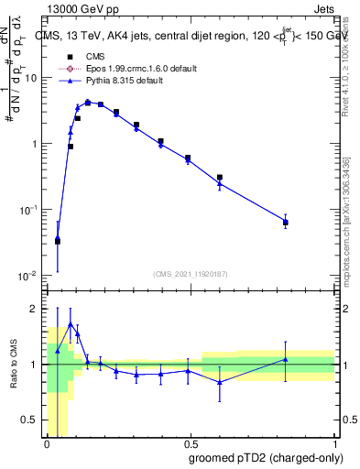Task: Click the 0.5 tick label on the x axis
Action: point(191,443)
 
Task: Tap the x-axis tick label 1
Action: point(334,443)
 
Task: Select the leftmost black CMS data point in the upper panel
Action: point(58,242)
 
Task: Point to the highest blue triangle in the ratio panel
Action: point(71,324)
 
